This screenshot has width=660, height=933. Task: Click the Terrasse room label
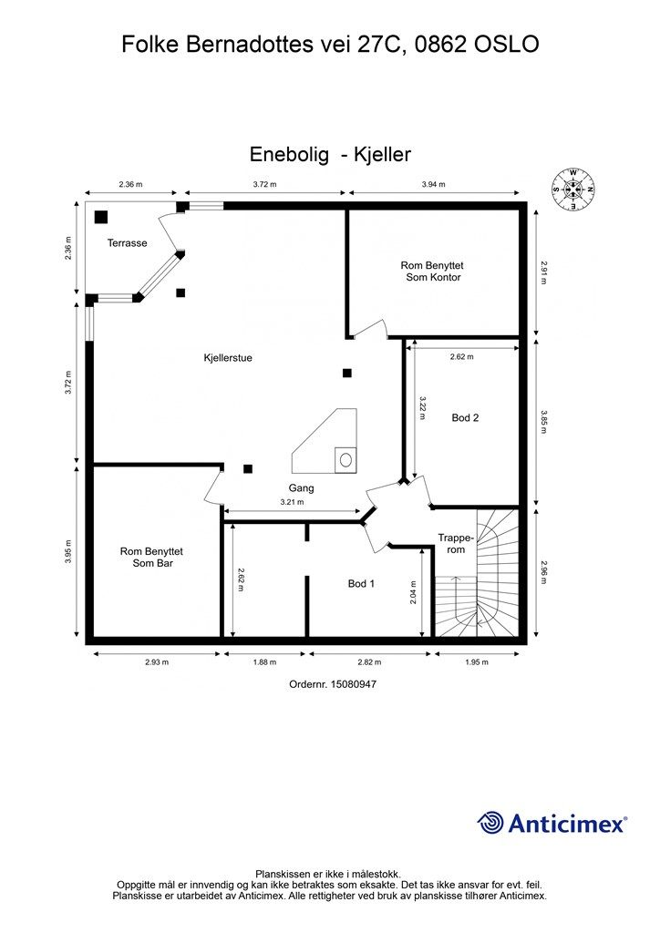tap(127, 243)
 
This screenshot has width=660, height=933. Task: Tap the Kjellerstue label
tap(227, 358)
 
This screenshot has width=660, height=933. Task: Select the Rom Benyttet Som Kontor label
tap(433, 271)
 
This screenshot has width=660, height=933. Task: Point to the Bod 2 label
tap(465, 418)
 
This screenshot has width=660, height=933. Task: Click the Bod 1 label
tap(361, 583)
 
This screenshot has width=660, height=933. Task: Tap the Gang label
tap(302, 488)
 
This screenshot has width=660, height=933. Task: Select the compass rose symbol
tap(572, 190)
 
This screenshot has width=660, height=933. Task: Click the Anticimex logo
tap(552, 824)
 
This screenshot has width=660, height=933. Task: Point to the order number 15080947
tap(332, 683)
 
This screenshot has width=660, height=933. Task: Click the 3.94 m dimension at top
tap(433, 184)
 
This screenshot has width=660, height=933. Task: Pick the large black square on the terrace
tap(101, 217)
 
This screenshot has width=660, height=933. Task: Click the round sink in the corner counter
tap(346, 460)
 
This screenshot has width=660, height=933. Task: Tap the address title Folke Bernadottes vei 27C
tap(330, 43)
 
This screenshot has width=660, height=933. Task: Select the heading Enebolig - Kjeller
tap(330, 155)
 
